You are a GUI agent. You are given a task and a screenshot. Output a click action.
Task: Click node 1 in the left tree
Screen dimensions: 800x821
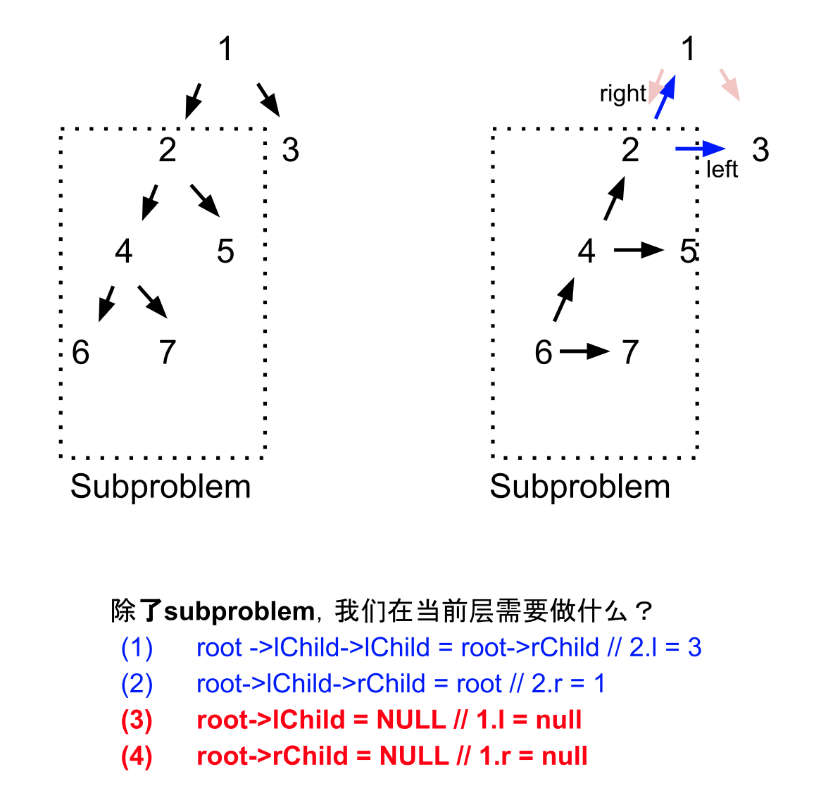(225, 49)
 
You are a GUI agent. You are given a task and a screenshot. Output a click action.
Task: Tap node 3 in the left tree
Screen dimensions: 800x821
(290, 150)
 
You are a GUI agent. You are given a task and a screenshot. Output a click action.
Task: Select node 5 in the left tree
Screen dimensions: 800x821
(225, 251)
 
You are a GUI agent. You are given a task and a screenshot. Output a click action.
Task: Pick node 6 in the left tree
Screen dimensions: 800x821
(81, 352)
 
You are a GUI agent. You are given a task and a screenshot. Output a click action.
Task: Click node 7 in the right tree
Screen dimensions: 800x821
(630, 352)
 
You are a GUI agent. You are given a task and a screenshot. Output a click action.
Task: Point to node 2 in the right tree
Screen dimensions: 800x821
(630, 150)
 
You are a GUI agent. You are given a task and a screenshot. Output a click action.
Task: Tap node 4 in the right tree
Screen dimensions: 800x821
(587, 251)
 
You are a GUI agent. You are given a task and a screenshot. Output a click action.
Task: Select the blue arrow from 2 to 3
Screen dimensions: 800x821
(700, 149)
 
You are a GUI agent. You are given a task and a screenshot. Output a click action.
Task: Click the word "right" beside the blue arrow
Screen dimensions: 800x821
(622, 94)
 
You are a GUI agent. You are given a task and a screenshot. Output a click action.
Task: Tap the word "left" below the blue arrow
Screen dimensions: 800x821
(722, 170)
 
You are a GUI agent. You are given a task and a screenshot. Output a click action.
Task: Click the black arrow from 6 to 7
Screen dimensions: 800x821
(584, 351)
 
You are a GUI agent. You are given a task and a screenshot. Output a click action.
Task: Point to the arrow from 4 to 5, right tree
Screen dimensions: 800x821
(639, 250)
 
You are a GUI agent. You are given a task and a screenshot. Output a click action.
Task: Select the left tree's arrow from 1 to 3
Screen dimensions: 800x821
(268, 99)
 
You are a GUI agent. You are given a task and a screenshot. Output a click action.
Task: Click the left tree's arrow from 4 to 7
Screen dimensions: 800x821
(152, 301)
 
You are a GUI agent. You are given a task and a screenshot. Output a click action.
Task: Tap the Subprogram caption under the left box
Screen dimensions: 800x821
(161, 487)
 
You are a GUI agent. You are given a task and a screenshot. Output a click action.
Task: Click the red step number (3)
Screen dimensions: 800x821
(137, 720)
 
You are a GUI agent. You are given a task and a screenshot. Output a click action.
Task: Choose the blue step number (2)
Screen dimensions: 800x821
(137, 684)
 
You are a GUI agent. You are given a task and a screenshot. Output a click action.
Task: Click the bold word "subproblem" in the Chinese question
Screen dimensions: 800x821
(239, 611)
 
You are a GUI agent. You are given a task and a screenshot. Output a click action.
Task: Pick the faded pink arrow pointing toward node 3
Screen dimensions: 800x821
(729, 85)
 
